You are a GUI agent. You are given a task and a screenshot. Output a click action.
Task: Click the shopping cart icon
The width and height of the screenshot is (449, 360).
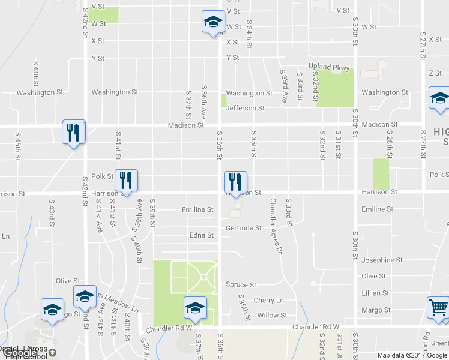(x=438, y=307)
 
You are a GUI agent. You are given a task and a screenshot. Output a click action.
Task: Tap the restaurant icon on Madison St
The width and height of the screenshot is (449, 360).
(x=74, y=132)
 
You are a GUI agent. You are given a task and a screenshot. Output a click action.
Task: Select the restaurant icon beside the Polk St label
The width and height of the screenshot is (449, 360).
(x=126, y=179)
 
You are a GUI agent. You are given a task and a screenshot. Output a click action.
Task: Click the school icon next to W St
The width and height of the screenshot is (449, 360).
(x=211, y=22)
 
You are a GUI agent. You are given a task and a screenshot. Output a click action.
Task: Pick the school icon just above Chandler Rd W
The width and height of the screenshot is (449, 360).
(x=194, y=308)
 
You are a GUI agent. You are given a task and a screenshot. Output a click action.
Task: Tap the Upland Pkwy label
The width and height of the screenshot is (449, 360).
(x=329, y=68)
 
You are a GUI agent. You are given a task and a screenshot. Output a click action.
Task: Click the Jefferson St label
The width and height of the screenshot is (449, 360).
(x=245, y=108)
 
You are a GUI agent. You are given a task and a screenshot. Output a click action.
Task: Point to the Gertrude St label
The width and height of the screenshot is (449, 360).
(x=243, y=228)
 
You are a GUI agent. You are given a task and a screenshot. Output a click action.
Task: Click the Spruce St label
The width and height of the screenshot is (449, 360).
(x=241, y=284)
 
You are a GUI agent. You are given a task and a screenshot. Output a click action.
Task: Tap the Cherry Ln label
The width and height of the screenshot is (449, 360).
(x=268, y=300)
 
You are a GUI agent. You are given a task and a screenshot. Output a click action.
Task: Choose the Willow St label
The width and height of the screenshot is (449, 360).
(x=272, y=315)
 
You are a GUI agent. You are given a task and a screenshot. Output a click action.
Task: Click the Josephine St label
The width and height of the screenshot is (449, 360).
(x=382, y=260)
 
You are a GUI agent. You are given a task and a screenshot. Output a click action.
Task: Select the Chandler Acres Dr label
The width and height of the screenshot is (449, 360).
(x=276, y=225)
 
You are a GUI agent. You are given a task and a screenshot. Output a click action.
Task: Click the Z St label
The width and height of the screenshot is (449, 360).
(x=435, y=73)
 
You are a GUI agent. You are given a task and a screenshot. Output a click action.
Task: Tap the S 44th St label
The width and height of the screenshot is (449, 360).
(x=37, y=76)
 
